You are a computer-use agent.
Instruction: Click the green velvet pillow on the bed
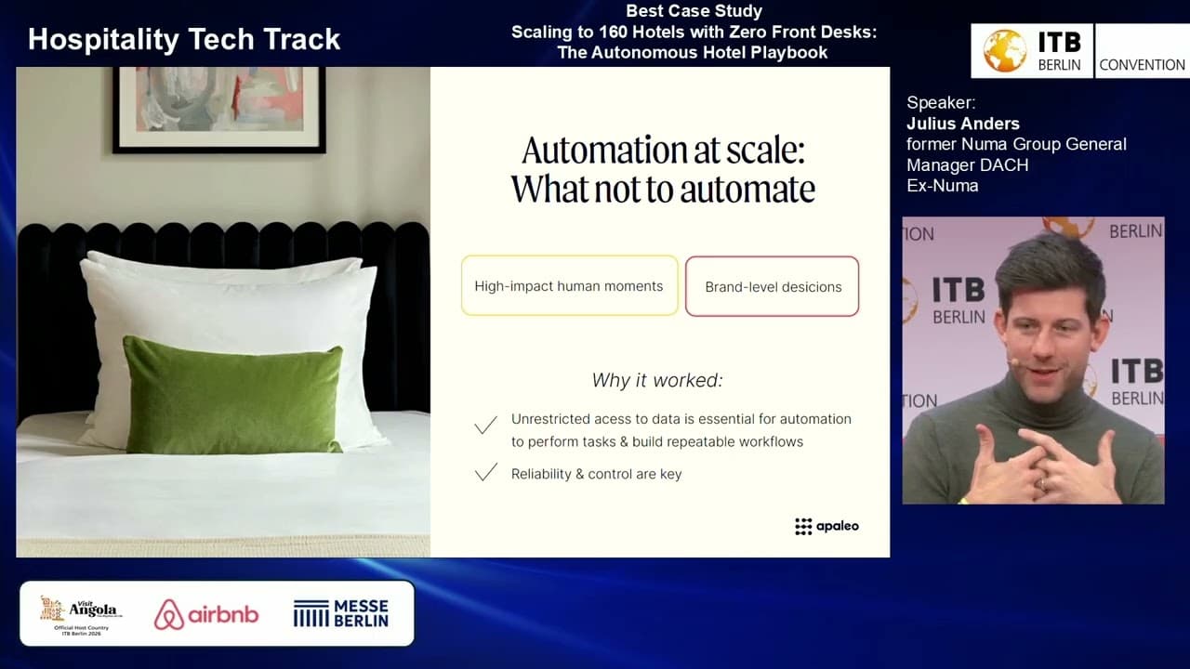click(232, 394)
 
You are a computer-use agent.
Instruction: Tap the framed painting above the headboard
click(218, 110)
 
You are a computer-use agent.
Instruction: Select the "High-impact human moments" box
click(569, 286)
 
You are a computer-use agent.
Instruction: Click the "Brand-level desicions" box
click(773, 286)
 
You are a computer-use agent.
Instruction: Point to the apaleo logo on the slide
click(826, 526)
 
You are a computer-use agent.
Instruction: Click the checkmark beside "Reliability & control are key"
click(485, 473)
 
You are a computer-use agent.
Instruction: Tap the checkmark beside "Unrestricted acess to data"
click(485, 426)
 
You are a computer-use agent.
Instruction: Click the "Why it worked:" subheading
click(657, 380)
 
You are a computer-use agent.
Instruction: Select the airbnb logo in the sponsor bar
click(206, 614)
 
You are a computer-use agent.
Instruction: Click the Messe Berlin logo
click(340, 613)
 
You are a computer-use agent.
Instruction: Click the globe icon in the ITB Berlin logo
click(1004, 51)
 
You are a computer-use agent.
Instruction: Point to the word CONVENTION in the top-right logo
click(1142, 65)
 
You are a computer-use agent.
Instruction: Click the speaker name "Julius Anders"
click(963, 124)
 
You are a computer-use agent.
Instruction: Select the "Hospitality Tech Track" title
click(184, 39)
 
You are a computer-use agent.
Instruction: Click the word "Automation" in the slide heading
click(598, 150)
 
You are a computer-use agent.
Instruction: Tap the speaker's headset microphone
click(1013, 362)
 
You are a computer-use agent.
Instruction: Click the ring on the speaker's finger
click(1043, 482)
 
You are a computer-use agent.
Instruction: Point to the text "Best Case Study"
click(694, 11)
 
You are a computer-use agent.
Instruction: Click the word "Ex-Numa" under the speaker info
click(942, 185)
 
